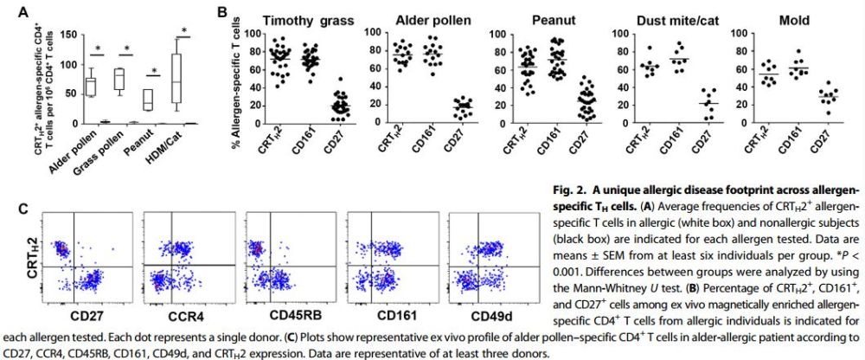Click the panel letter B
pyautogui.click(x=222, y=12)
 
